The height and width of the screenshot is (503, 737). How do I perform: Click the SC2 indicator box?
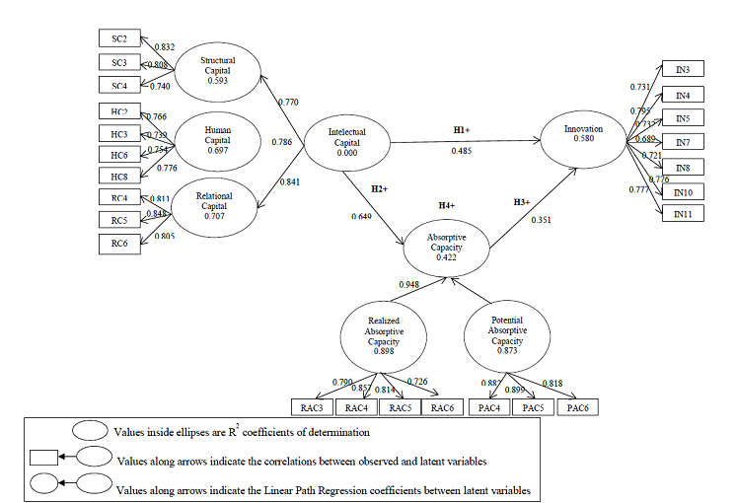pyautogui.click(x=120, y=38)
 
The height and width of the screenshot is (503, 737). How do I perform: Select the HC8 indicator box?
pyautogui.click(x=120, y=176)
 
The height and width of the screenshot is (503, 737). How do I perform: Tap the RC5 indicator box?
pyautogui.click(x=120, y=220)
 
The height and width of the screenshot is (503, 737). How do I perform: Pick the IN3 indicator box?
pyautogui.click(x=683, y=69)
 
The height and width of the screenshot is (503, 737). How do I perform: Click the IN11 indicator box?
pyautogui.click(x=683, y=214)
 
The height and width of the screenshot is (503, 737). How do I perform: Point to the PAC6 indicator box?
pyautogui.click(x=581, y=406)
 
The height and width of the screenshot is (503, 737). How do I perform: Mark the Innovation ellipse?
pyautogui.click(x=583, y=135)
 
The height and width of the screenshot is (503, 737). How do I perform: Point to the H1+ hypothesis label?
pyautogui.click(x=461, y=129)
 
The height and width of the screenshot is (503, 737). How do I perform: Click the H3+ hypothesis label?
pyautogui.click(x=523, y=202)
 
